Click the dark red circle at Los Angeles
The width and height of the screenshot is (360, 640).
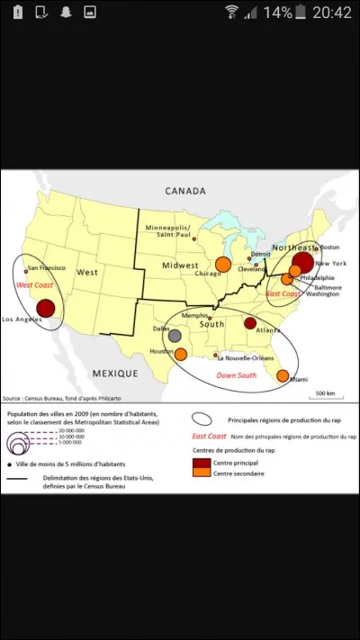click(45, 308)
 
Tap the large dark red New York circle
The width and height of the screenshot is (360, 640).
click(302, 263)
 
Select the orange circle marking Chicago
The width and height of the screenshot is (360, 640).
click(223, 264)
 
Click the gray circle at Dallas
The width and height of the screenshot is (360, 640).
click(175, 335)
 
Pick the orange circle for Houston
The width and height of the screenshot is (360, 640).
click(180, 354)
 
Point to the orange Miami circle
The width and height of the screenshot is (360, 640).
click(282, 374)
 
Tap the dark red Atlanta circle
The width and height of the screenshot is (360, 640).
click(250, 323)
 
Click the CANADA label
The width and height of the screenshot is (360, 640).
click(184, 191)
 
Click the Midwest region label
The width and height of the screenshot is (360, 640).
click(180, 266)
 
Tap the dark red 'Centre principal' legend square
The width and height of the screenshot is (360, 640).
click(200, 462)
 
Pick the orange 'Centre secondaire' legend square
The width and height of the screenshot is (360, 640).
click(200, 473)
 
